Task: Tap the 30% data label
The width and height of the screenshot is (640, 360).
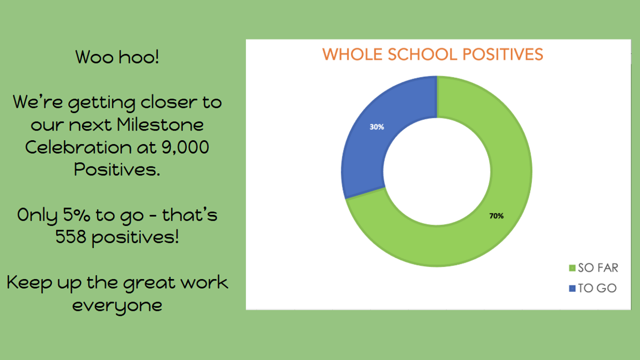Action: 377,127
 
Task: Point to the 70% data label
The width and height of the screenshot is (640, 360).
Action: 497,216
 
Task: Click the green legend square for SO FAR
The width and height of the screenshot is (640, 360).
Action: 572,268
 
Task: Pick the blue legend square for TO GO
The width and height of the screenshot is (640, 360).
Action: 572,289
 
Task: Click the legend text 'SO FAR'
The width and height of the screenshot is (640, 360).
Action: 598,268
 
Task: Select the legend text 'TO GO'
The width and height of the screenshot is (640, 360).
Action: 597,289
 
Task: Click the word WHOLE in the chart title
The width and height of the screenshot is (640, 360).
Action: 353,54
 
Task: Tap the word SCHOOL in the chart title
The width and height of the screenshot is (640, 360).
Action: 422,54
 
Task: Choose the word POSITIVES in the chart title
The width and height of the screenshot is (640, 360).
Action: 503,54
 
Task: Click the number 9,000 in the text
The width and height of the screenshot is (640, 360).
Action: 185,148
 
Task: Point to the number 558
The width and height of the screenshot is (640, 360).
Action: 70,237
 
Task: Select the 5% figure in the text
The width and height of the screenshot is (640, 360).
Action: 76,215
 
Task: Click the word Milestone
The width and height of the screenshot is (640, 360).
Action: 160,125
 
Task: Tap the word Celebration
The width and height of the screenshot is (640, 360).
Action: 78,147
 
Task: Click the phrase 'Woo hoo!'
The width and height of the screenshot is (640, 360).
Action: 117,57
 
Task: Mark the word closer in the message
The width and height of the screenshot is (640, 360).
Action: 169,102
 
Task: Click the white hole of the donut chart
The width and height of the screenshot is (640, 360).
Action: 437,171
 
